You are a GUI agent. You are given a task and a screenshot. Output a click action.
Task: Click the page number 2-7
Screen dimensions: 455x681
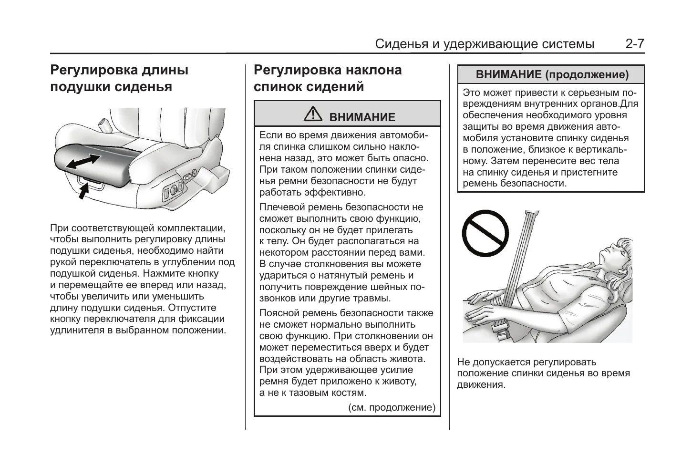click(635, 44)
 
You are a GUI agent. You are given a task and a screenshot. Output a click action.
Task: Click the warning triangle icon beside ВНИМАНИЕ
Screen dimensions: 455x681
click(313, 114)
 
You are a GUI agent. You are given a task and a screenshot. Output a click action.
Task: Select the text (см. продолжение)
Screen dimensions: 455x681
click(392, 408)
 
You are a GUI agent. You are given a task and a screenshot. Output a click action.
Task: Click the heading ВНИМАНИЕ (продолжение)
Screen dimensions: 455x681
click(552, 74)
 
